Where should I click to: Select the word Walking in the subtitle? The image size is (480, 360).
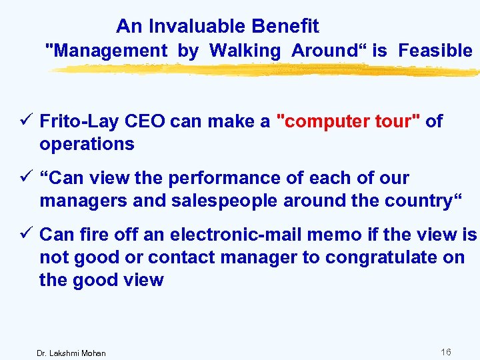pos(245,51)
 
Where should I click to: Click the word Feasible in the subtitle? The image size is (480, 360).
pos(435,51)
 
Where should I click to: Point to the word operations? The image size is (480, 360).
pos(87,144)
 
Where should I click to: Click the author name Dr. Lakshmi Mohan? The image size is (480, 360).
pos(71,353)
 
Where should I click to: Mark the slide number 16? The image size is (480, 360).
pos(446,351)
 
